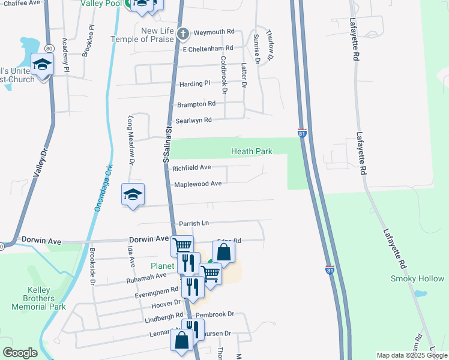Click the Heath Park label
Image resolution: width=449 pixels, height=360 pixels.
(x=252, y=152)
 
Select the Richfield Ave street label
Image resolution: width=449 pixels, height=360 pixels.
(x=191, y=168)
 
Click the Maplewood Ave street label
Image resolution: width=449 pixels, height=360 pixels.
(x=197, y=184)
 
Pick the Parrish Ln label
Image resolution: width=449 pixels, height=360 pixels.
(x=193, y=223)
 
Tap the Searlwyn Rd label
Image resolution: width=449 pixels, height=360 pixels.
(x=193, y=121)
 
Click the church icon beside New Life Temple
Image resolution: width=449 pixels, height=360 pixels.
(x=185, y=33)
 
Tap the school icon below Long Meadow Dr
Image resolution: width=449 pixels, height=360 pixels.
(x=133, y=195)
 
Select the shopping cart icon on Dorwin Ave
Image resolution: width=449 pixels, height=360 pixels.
(x=182, y=245)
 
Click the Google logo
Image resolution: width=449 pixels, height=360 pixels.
(x=20, y=353)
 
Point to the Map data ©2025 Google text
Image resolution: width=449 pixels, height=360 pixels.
(x=412, y=355)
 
